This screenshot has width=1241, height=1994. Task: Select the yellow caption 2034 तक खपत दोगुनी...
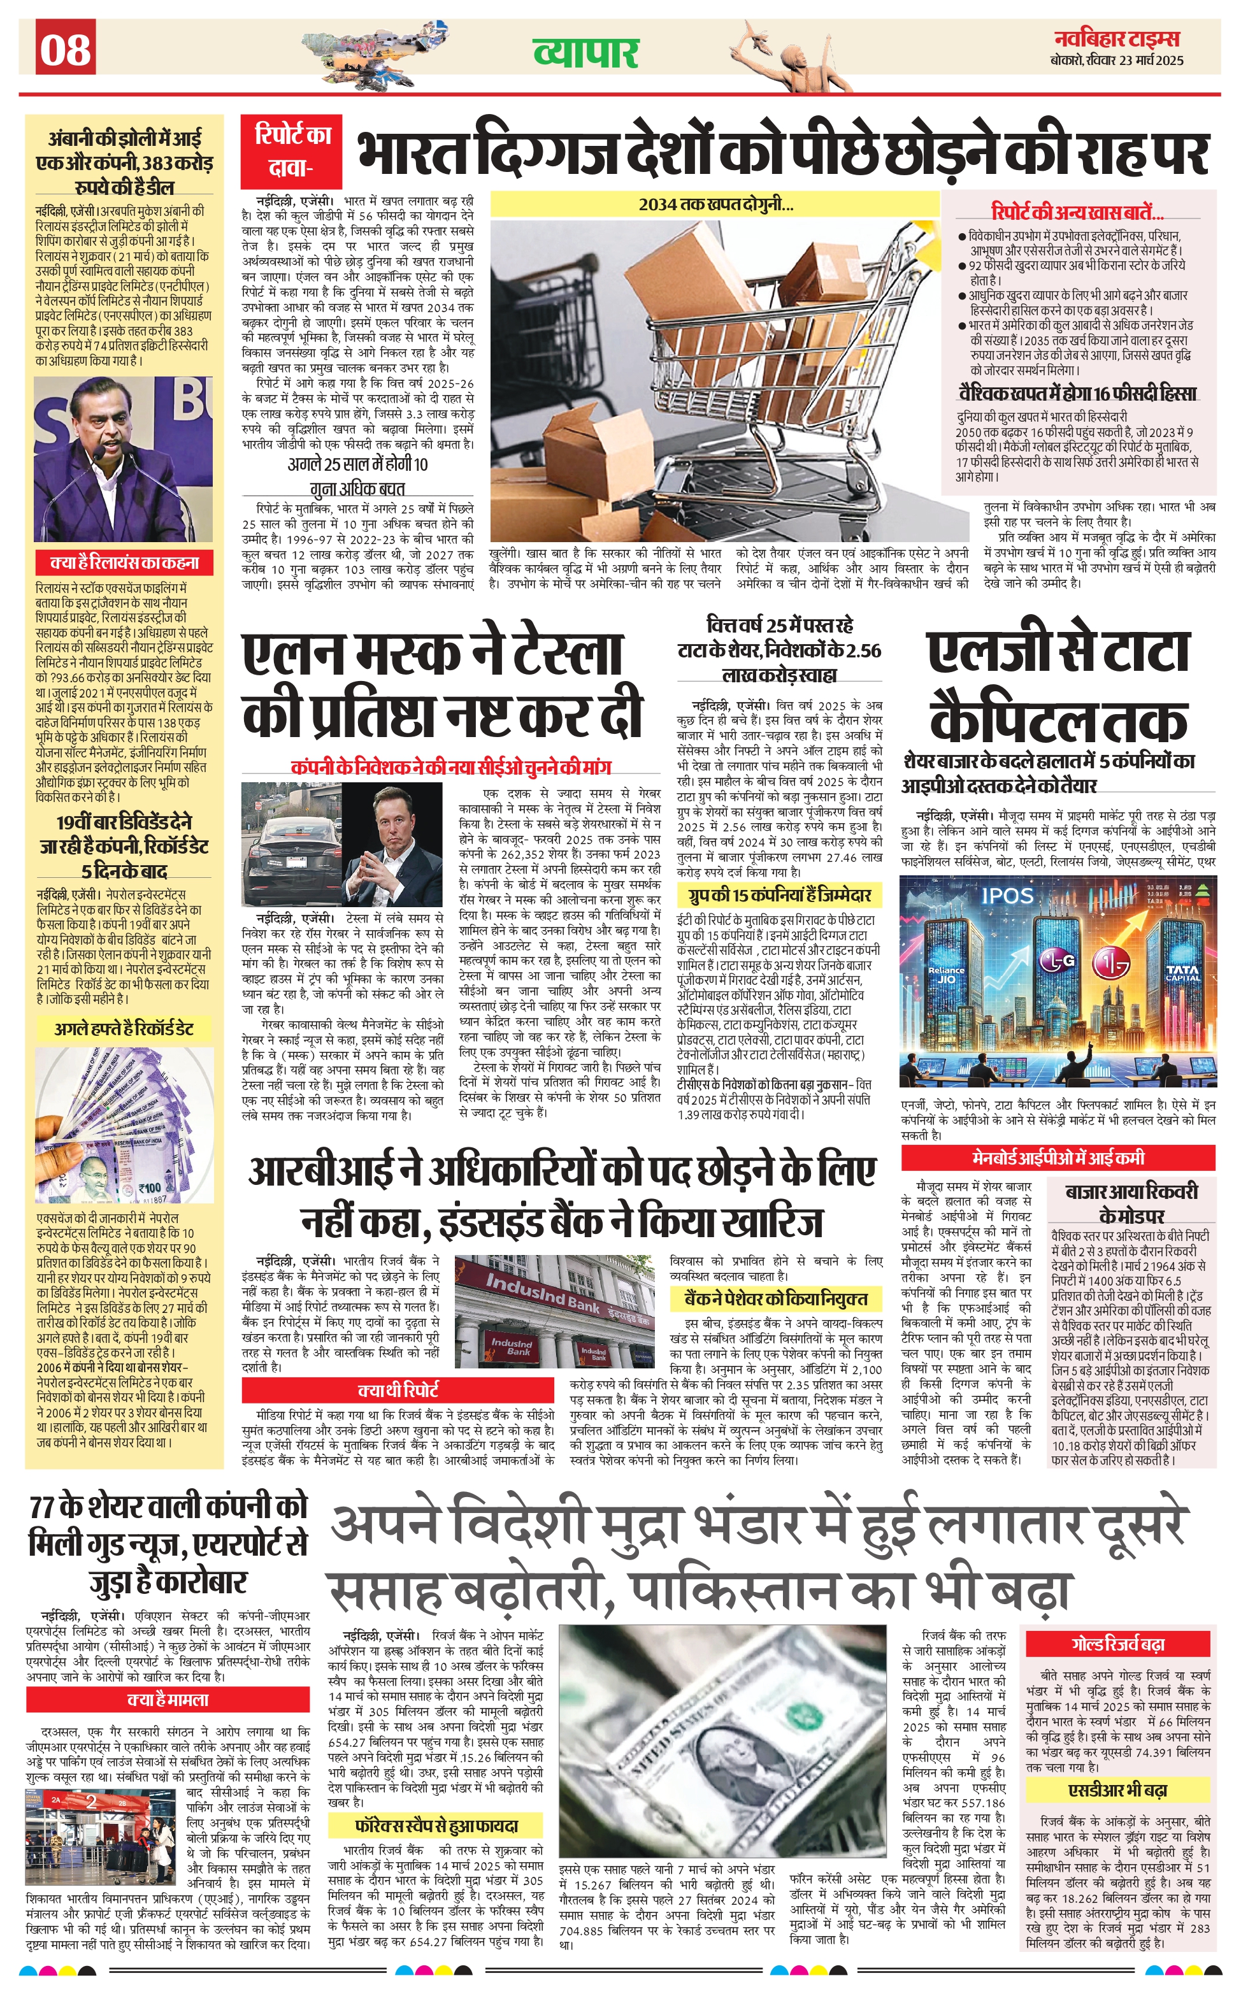coord(715,204)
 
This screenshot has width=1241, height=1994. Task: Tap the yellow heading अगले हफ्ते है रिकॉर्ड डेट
coord(124,1029)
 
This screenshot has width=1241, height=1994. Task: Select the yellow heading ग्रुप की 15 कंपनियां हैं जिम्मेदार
coord(774,894)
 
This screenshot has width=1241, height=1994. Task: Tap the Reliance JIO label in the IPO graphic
coord(946,974)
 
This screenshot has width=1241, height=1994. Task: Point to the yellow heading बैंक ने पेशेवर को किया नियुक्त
coord(776,1298)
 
